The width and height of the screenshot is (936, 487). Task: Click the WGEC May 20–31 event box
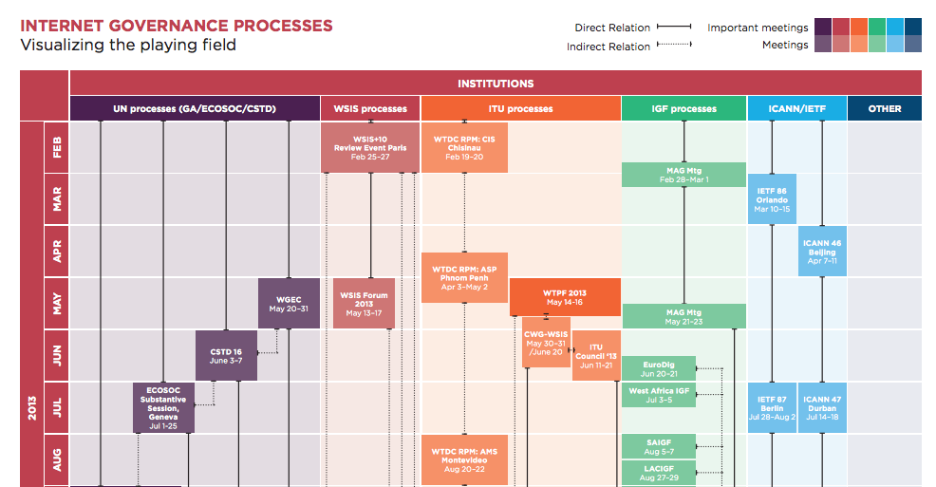pos(290,304)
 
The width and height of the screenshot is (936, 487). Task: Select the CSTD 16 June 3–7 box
pos(226,355)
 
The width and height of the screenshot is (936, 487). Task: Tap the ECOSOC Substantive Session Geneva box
pos(163,407)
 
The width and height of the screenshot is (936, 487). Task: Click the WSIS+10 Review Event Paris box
pos(370,147)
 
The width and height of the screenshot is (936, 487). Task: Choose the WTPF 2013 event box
pos(565,297)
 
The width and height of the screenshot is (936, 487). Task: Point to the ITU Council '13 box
pos(596,355)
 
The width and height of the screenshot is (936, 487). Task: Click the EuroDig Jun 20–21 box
pos(659,368)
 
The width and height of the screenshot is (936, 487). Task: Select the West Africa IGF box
pos(659,395)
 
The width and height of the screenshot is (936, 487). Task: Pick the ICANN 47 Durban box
pos(822,407)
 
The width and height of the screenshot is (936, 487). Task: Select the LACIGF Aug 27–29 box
pos(659,472)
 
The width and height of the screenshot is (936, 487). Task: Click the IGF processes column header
pos(683,109)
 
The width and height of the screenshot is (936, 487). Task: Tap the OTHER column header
pos(885,109)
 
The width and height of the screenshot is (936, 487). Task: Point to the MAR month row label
pos(57,199)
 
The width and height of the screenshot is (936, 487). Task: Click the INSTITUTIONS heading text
pos(496,84)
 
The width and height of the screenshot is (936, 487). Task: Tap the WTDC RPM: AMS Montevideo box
pos(464,459)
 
